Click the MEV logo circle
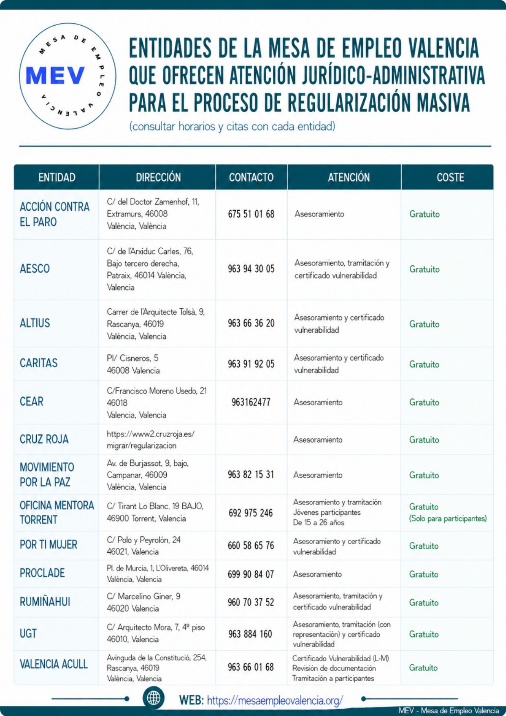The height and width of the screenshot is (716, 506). coord(67,76)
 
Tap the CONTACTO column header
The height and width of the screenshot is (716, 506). coord(251,177)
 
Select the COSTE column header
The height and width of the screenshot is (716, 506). coord(450,177)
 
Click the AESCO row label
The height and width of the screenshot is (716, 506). coord(35,269)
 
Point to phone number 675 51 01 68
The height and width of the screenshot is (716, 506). coord(251,214)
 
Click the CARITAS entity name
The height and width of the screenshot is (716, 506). coord(39,363)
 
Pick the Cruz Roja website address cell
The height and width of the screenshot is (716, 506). coord(150,439)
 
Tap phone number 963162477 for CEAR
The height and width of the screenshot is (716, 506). coord(251,402)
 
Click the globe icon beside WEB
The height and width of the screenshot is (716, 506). coord(153,698)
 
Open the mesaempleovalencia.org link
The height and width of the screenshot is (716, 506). coord(275,700)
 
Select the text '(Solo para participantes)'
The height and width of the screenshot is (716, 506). coord(448,518)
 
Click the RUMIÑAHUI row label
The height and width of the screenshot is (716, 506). coord(45,602)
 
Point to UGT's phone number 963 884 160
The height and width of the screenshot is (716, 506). coord(250,634)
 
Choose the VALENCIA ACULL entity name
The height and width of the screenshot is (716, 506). coord(54,664)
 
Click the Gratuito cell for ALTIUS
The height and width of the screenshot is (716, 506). coord(424,324)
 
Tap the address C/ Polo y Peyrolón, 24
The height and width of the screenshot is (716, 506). coord(144,540)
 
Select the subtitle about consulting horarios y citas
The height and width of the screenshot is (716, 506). coord(232,126)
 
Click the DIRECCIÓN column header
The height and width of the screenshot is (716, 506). coord(158,177)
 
